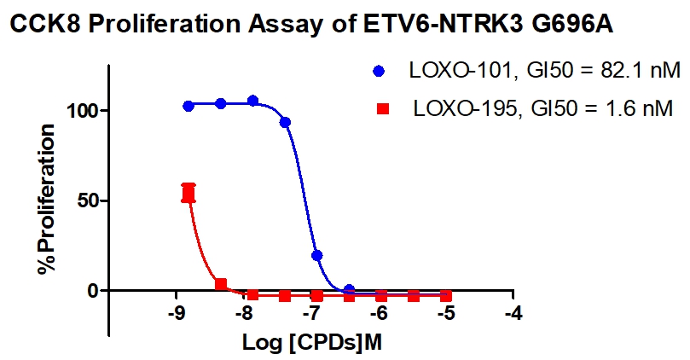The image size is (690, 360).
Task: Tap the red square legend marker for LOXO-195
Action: pos(383,108)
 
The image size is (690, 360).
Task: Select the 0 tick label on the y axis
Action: pos(96,291)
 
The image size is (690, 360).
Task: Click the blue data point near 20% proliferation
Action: pos(316,255)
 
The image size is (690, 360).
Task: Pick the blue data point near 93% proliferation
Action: pos(285,123)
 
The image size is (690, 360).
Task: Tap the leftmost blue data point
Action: pos(188,106)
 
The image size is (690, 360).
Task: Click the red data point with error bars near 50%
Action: pos(188,194)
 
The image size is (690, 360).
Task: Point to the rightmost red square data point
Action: pos(446,295)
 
